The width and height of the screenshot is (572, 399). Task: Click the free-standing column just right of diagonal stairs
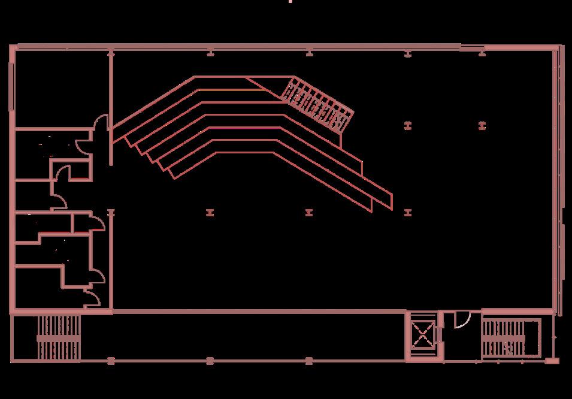[408, 126]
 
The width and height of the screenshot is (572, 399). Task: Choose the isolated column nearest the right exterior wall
[482, 126]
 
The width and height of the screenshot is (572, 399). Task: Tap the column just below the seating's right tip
[408, 212]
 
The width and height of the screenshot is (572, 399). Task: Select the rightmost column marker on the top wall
[482, 54]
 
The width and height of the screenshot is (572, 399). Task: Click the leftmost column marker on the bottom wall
[111, 360]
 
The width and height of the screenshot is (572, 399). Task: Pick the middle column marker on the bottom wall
[210, 360]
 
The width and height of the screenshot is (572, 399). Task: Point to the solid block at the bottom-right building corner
[552, 361]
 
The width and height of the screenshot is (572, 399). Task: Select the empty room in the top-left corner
[60, 87]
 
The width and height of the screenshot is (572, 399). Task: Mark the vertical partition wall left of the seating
[111, 108]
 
